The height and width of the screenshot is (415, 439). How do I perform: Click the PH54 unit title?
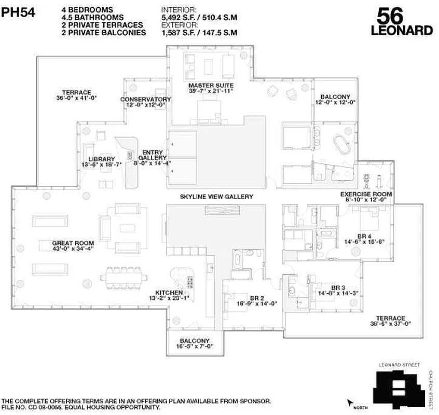click(x=19, y=12)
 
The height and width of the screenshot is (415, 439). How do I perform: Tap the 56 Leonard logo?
click(x=402, y=22)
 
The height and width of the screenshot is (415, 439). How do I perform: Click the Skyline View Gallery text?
click(x=216, y=197)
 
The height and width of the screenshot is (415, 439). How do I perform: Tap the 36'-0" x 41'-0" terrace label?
click(x=77, y=95)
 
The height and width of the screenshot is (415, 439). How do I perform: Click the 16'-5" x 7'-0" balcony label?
click(x=195, y=344)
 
